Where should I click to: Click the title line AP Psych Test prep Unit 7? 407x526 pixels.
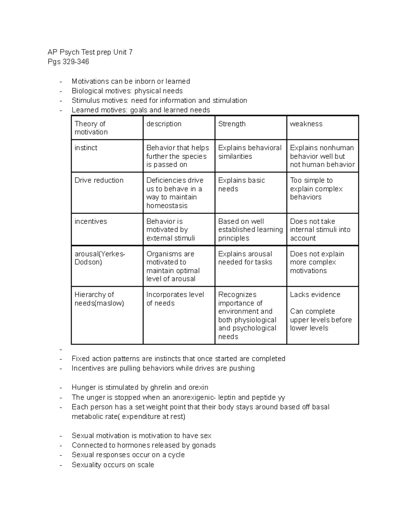pos(90,52)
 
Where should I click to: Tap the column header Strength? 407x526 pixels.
pos(232,124)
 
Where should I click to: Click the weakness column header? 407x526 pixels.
pos(306,124)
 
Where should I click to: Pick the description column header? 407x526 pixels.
pos(164,124)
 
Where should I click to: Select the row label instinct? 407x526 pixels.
pos(86,148)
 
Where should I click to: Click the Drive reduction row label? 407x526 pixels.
pos(99,181)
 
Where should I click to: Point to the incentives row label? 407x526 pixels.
pos(91,222)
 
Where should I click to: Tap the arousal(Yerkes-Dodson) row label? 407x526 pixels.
pos(100,258)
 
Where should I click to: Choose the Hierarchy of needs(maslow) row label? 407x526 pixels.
pos(99,299)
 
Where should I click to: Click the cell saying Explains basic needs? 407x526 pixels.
pos(241,185)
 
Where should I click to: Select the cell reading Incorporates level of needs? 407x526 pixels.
pos(175,299)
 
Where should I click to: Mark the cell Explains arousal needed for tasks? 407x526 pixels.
pos(245,258)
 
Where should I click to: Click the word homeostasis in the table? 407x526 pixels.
pos(167,206)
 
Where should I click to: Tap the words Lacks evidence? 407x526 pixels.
pos(315,295)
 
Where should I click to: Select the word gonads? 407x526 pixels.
pos(203,445)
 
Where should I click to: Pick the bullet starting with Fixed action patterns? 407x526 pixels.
pos(178,359)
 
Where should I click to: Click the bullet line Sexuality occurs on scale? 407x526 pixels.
pos(113,465)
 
